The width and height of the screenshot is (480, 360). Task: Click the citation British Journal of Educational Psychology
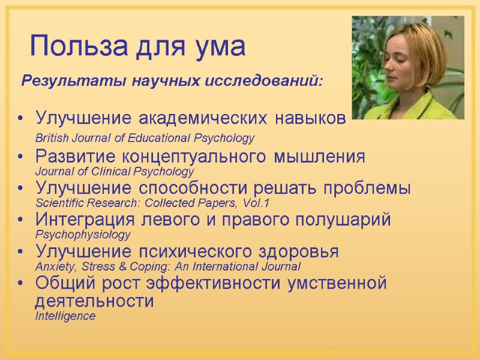click(145, 138)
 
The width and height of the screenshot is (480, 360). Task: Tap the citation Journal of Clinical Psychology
click(115, 172)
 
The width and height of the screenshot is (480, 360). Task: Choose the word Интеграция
click(81, 220)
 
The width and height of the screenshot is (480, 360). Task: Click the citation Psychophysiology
click(83, 234)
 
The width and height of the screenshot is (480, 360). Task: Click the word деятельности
click(95, 301)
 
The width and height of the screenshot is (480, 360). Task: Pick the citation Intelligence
click(65, 316)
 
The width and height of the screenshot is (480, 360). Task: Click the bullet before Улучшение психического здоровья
click(22, 252)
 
